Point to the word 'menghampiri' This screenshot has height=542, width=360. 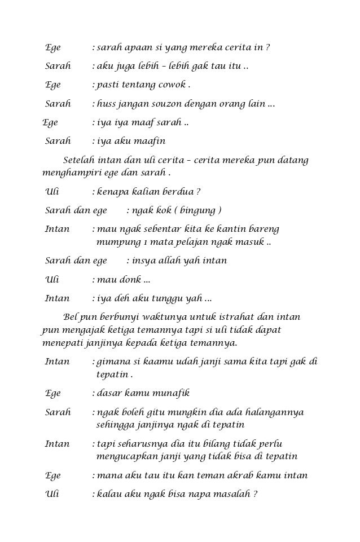pos(70,172)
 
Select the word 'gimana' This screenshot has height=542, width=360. pos(113,362)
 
